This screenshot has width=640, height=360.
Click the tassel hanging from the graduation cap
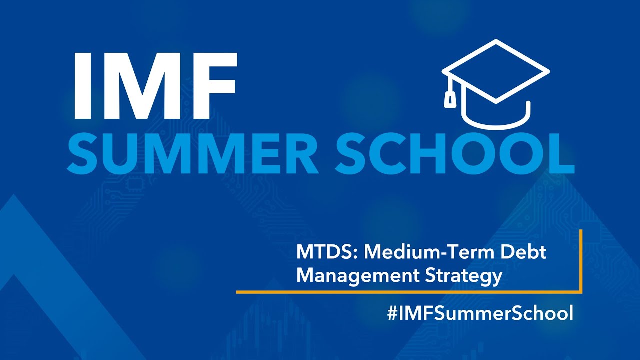click(x=450, y=99)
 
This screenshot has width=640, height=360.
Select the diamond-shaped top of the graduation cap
click(x=496, y=71)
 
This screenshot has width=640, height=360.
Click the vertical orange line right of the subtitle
click(x=581, y=260)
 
